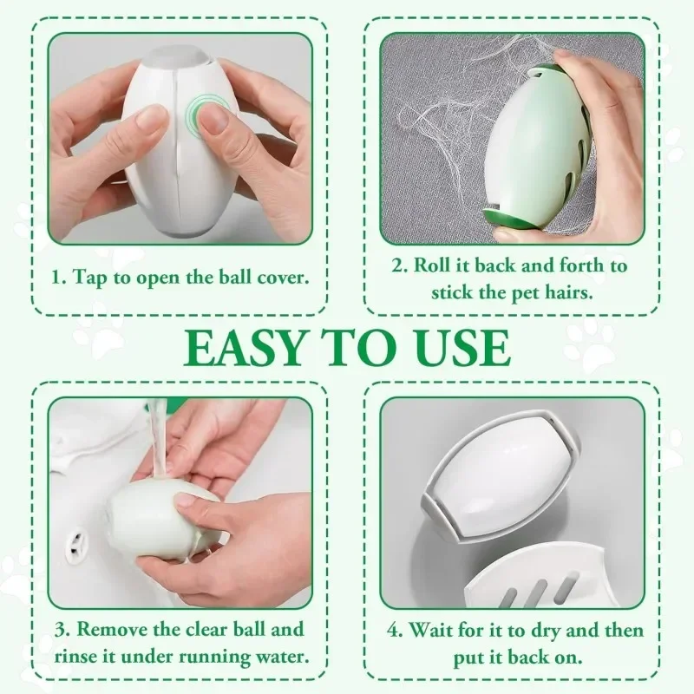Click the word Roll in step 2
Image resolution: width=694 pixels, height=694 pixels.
point(435,266)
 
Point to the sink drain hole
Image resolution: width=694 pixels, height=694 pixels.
point(80,543)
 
